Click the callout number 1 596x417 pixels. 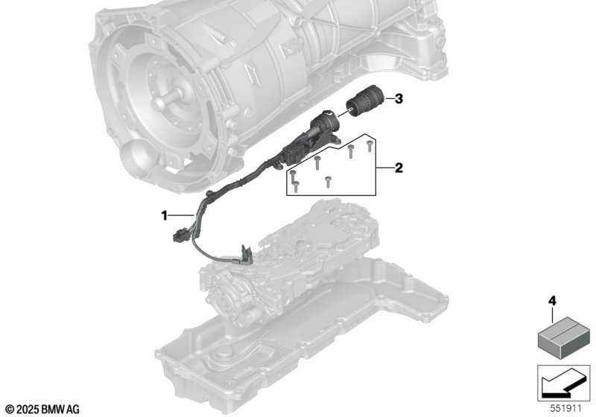(164, 216)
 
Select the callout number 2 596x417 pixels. (399, 168)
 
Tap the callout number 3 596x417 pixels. (399, 99)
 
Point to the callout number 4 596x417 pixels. (552, 301)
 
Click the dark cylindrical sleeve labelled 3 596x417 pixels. (361, 103)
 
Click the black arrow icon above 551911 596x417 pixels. (564, 383)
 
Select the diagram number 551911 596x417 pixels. (566, 409)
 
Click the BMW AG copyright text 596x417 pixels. (42, 410)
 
